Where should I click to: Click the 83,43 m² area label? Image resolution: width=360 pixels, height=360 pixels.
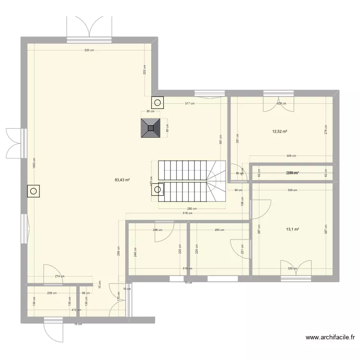click(122, 180)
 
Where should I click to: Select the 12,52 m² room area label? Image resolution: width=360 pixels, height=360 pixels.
click(280, 132)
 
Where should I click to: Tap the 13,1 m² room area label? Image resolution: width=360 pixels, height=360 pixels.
click(292, 229)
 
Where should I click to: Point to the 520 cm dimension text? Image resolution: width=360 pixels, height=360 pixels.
click(89, 50)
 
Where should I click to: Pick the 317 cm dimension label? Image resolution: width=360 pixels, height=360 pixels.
click(190, 103)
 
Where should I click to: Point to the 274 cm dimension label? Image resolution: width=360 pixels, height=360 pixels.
click(60, 276)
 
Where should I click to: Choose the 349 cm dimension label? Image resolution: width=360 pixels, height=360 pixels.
click(291, 156)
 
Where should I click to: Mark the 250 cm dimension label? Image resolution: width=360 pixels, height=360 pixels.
click(219, 230)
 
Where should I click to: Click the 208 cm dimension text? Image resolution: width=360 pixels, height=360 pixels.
click(51, 293)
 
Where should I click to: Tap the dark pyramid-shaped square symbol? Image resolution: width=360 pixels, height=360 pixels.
click(151, 128)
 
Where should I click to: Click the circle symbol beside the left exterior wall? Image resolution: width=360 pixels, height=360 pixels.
click(34, 192)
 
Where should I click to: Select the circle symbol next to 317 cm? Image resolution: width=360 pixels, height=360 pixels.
click(157, 102)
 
